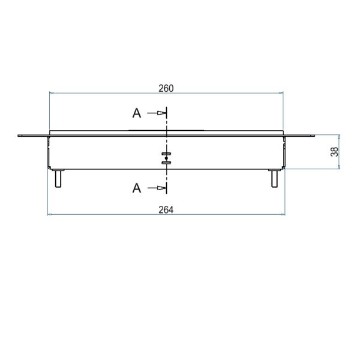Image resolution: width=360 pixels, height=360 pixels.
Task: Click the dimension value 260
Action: click(x=166, y=88)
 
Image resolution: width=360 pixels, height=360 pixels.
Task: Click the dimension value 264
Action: click(x=166, y=210)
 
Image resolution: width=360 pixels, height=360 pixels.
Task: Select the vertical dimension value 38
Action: click(x=334, y=152)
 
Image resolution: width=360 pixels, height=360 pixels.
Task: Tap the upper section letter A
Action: click(x=137, y=113)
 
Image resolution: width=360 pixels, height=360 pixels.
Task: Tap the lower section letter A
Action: click(x=137, y=188)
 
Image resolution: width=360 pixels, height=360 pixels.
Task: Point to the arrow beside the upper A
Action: click(x=157, y=113)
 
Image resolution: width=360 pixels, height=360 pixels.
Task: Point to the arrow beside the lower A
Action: click(x=157, y=188)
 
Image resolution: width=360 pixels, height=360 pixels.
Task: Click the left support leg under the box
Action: click(x=58, y=178)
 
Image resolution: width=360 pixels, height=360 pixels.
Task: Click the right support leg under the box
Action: click(x=274, y=178)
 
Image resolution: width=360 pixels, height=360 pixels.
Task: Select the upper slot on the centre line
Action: click(x=166, y=154)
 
